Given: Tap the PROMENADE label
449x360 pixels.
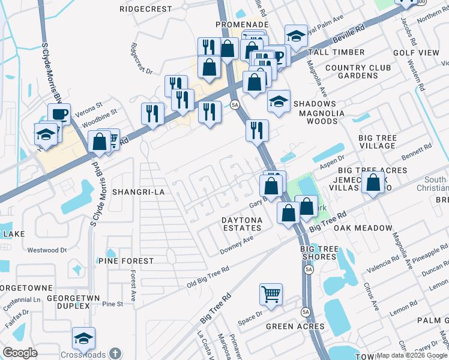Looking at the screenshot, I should coord(242,24).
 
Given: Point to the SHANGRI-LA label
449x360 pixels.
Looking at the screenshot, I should coord(137,192).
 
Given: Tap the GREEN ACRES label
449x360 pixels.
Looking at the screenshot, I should coord(296,326).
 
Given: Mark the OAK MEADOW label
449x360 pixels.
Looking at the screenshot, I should coord(363,229).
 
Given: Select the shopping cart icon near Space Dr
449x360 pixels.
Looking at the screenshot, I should coord(271,295).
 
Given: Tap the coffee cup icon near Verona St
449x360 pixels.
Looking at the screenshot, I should coord(59,113).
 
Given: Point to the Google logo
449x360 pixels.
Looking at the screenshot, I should coord(20,352).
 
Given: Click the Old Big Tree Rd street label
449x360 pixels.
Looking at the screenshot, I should coord(207,278).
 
